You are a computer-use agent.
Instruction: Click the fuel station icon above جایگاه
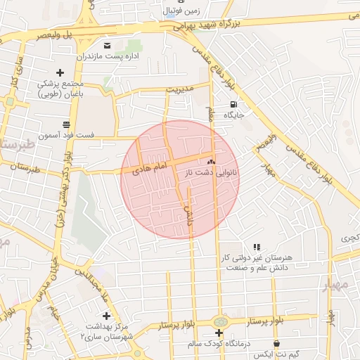click(233, 103)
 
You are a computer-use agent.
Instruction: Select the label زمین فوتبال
click(181, 11)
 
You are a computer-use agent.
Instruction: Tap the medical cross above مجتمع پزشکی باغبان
click(60, 72)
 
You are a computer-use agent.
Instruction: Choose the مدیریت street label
click(179, 90)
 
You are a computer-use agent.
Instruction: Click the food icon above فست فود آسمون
click(67, 124)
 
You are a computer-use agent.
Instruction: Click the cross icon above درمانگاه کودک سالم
click(219, 333)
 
